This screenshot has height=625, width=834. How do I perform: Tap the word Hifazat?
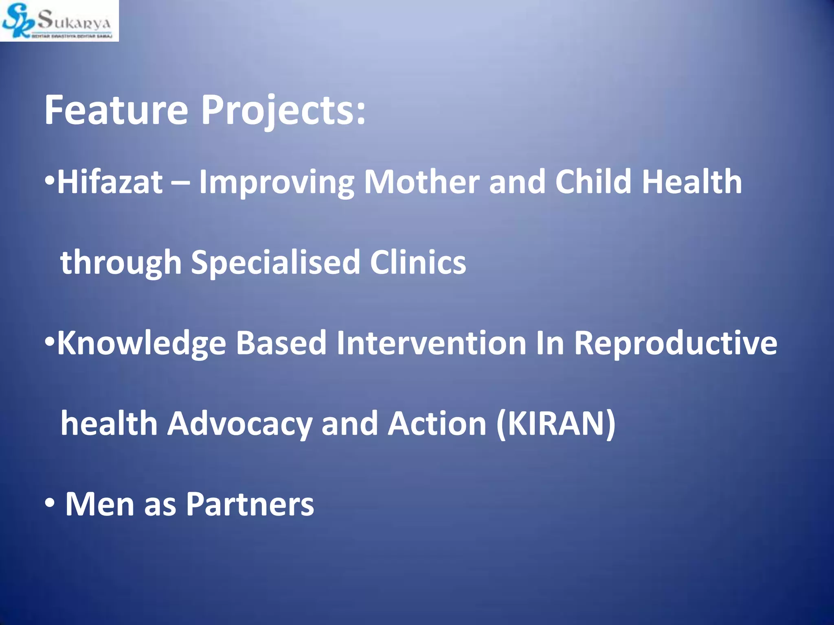pyautogui.click(x=110, y=182)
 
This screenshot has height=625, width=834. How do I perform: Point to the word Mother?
pyautogui.click(x=421, y=182)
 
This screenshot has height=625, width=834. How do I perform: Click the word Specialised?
pyautogui.click(x=276, y=263)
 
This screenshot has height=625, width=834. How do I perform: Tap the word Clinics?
pyautogui.click(x=418, y=262)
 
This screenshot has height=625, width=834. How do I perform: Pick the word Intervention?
pyautogui.click(x=431, y=343)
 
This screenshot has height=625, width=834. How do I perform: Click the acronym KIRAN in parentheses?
pyautogui.click(x=556, y=424)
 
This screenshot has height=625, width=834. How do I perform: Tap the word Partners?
pyautogui.click(x=250, y=504)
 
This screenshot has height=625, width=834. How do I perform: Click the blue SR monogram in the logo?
pyautogui.click(x=17, y=21)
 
